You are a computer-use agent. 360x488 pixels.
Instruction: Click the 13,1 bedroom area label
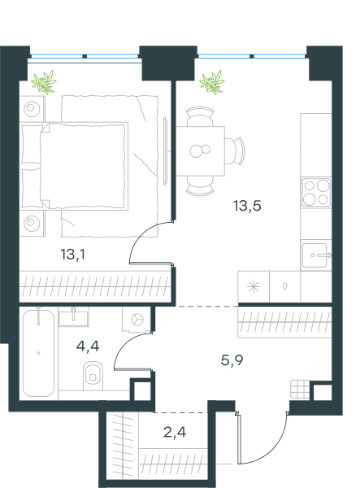[x=73, y=255]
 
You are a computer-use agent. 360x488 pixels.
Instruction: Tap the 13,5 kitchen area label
[x=247, y=206]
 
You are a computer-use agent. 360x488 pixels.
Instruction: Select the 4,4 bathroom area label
[x=88, y=346]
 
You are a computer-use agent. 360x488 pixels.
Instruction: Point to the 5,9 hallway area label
[x=232, y=360]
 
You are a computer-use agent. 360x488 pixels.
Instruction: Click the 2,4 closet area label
[x=175, y=432]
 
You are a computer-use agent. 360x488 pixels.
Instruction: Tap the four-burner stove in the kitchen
[x=316, y=192]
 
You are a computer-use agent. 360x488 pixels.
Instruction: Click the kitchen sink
[x=314, y=255]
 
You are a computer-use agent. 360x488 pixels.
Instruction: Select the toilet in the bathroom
[x=93, y=375]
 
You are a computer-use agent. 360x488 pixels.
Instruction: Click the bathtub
[x=38, y=353]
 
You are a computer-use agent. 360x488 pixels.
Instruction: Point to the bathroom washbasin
[x=73, y=317]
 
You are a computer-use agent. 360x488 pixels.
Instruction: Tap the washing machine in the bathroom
[x=137, y=320]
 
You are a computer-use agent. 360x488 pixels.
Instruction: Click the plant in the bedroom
[x=44, y=82]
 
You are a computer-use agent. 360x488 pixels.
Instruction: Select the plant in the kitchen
[x=212, y=82]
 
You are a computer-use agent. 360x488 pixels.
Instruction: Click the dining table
[x=201, y=151]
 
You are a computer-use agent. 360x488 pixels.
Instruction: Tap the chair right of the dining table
[x=235, y=151]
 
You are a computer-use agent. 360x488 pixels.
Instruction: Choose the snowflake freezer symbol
[x=254, y=286]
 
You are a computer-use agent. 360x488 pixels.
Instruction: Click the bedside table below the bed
[x=32, y=223]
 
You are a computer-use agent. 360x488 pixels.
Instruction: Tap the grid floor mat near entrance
[x=300, y=389]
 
